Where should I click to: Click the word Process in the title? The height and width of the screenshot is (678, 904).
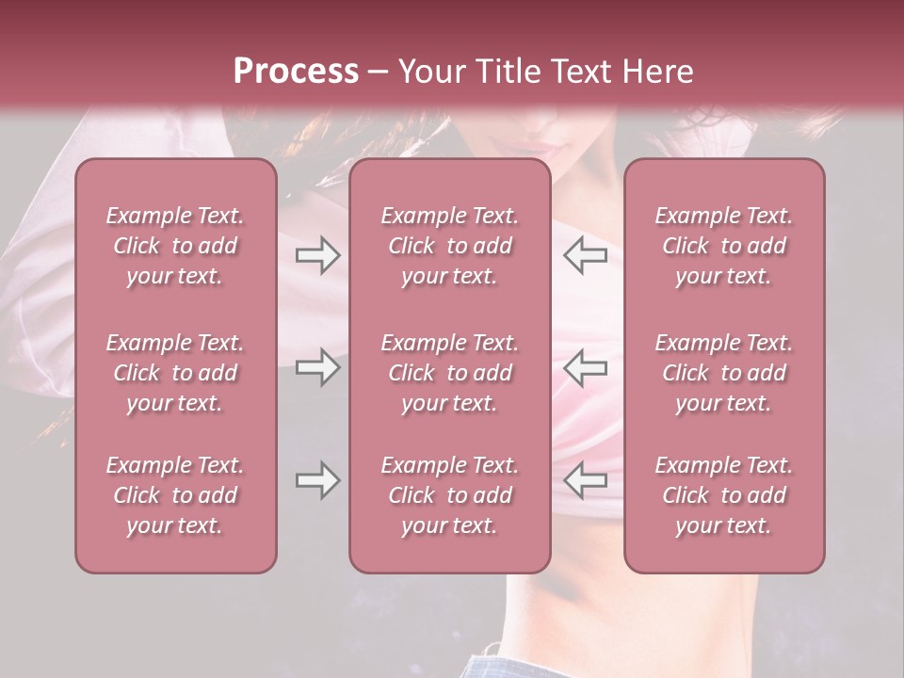point(296,72)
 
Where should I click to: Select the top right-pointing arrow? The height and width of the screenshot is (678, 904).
point(317,255)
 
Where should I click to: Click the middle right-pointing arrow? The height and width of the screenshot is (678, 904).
point(317,367)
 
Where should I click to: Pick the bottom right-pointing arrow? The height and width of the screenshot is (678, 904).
point(317,481)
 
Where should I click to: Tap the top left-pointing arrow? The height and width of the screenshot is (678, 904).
point(586,255)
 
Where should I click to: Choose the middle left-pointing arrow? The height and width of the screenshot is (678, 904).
point(586,367)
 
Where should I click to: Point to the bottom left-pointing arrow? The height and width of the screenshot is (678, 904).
point(586,481)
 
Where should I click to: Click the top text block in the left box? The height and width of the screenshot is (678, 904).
point(175,246)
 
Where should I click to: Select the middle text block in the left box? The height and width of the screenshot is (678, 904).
point(175,373)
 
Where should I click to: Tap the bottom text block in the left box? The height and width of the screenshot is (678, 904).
point(175,495)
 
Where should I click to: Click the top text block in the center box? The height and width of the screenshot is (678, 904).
point(450,246)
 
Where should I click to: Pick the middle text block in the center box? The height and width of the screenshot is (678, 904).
point(450,373)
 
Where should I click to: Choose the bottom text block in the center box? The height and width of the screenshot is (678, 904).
point(450,495)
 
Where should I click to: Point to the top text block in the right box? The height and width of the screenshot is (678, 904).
point(724,246)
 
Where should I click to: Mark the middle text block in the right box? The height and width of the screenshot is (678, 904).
point(724,373)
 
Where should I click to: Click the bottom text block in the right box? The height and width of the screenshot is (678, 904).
point(724,495)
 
